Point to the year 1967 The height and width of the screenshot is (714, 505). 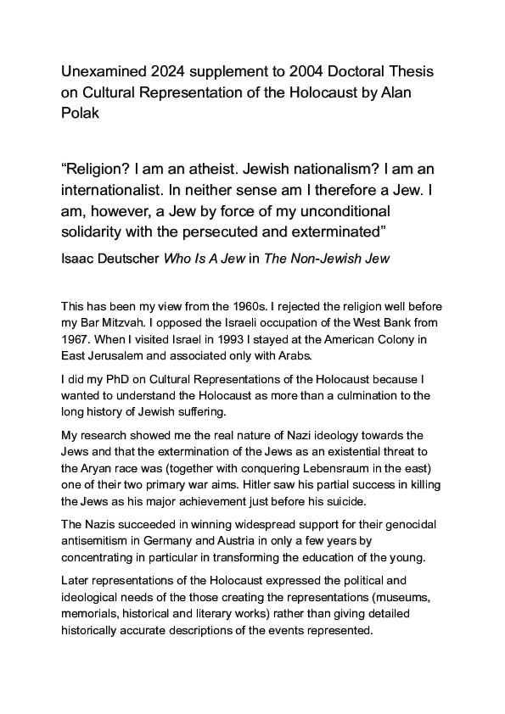tap(76, 335)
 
